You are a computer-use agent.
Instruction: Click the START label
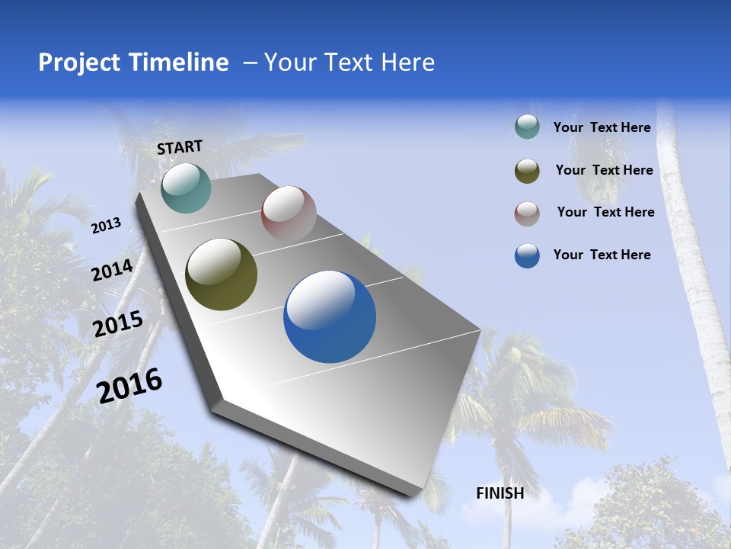(x=180, y=147)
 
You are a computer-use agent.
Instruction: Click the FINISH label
(x=500, y=493)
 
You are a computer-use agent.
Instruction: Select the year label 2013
(x=106, y=226)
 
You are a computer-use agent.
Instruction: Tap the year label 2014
(x=112, y=271)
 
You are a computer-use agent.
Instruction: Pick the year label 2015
(x=118, y=324)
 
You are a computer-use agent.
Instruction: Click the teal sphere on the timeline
(x=186, y=188)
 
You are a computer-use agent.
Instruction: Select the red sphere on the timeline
(x=289, y=213)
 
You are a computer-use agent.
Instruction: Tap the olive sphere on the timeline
(x=221, y=274)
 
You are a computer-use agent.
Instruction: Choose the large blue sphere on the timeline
(x=330, y=316)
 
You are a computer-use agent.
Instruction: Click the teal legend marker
(x=527, y=127)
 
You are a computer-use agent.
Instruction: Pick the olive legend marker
(x=527, y=171)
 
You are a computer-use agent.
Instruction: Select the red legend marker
(x=527, y=213)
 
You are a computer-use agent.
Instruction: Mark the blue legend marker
(x=527, y=255)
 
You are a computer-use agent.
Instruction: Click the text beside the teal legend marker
(x=602, y=127)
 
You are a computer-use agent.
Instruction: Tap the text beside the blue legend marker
(x=602, y=255)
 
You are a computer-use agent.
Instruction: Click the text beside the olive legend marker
(x=604, y=170)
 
